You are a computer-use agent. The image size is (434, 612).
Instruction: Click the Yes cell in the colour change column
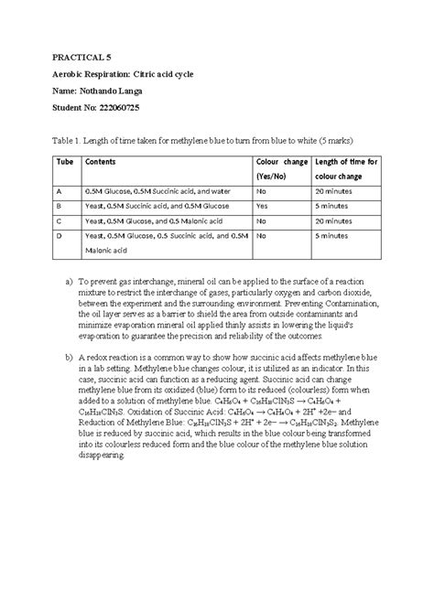tap(261, 206)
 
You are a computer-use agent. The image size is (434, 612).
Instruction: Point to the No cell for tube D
tap(261, 235)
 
